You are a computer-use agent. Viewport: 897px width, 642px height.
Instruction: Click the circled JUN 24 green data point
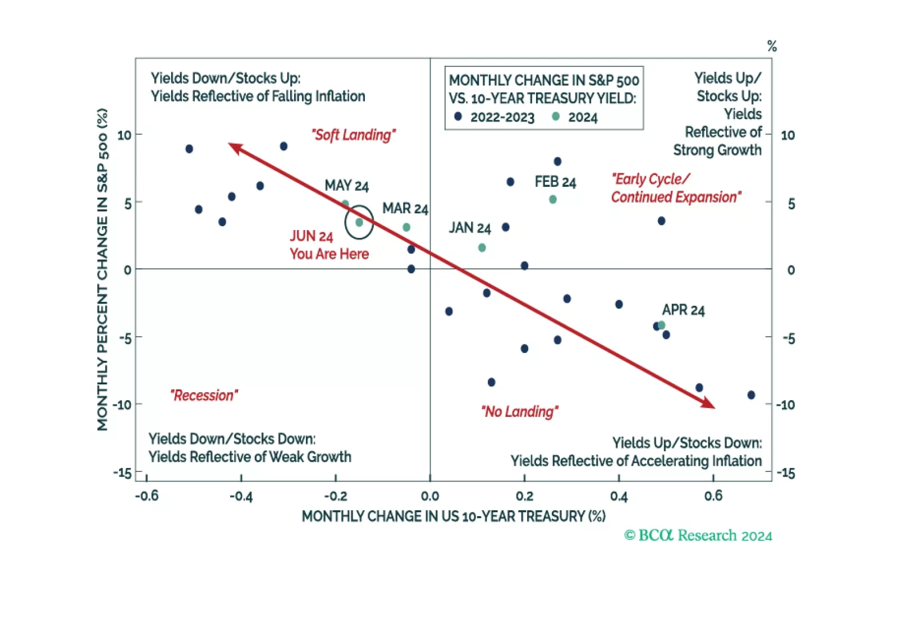pyautogui.click(x=359, y=222)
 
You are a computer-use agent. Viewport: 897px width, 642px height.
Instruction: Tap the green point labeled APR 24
pyautogui.click(x=661, y=325)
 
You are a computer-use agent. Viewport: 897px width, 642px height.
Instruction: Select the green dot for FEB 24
pyautogui.click(x=553, y=199)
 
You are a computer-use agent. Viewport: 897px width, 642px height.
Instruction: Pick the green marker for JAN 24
pyautogui.click(x=482, y=247)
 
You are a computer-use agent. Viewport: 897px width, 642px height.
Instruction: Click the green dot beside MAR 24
pyautogui.click(x=406, y=227)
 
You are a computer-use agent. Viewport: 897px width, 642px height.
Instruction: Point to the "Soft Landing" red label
pyautogui.click(x=354, y=135)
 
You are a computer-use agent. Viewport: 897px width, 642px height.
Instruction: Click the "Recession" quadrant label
pyautogui.click(x=204, y=395)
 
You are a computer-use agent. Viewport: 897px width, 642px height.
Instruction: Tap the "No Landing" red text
pyautogui.click(x=519, y=411)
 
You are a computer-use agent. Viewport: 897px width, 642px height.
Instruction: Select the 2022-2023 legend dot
pyautogui.click(x=458, y=116)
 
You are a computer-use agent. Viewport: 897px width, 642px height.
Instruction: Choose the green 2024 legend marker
pyautogui.click(x=556, y=116)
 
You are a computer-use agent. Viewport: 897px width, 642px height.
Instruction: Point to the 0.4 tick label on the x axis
pyautogui.click(x=619, y=496)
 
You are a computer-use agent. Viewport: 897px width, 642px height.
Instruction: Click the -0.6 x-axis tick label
pyautogui.click(x=147, y=496)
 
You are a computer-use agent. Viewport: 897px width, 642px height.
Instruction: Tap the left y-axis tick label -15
pyautogui.click(x=122, y=473)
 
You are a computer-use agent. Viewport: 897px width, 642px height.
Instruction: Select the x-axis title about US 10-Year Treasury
pyautogui.click(x=454, y=516)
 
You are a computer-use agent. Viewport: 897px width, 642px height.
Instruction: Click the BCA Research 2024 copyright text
pyautogui.click(x=698, y=535)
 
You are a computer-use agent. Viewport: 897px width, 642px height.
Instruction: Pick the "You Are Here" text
pyautogui.click(x=329, y=254)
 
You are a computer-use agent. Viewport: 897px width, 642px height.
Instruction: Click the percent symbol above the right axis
pyautogui.click(x=772, y=46)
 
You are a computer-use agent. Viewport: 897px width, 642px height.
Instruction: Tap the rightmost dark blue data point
pyautogui.click(x=751, y=395)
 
